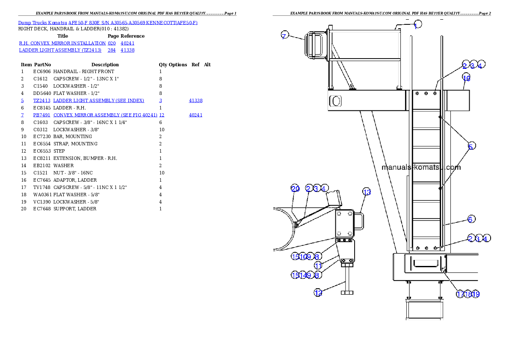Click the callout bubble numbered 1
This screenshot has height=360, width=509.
pos(417,25)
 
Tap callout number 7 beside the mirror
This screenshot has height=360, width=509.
pos(285,35)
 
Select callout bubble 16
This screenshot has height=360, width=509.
pos(466,78)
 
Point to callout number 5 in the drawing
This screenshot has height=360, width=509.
pos(471,147)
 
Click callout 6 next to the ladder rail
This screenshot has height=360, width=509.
pos(470,219)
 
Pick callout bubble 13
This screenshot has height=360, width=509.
pos(367,192)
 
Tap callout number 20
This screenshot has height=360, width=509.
pos(295,189)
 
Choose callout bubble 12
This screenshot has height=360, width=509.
pos(318,293)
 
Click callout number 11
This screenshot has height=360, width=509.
pos(318,266)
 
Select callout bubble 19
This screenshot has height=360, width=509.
pos(476,294)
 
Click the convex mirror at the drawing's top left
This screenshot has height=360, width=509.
pos(311,45)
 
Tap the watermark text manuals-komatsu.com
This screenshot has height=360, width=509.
pos(421,167)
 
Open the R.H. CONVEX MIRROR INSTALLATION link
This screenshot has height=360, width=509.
pos(62,43)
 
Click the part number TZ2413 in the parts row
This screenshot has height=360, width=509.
pos(42,101)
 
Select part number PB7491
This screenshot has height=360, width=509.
pos(42,115)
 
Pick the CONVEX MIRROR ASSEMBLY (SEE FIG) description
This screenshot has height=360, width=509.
pos(105,115)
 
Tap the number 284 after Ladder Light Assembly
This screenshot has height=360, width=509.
pos(112,50)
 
